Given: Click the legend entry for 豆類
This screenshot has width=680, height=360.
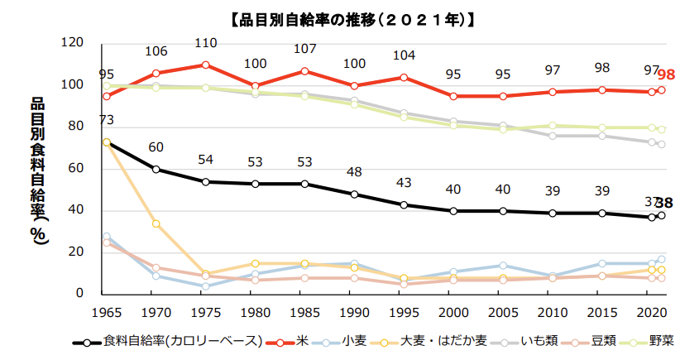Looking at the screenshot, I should tap(592, 341).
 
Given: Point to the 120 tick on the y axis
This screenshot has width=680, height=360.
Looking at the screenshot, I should tap(74, 43).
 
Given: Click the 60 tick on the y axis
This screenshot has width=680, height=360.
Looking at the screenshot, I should tap(77, 169).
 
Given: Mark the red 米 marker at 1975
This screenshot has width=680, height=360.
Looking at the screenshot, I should tap(205, 65).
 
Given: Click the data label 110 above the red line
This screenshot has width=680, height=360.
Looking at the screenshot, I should tap(205, 43).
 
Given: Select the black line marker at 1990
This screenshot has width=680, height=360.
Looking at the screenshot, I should tap(354, 194).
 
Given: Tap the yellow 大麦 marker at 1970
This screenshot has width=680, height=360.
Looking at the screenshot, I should tap(156, 223).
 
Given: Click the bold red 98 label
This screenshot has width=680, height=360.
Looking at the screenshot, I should tap(667, 75).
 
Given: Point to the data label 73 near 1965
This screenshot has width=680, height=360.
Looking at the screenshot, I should tap(106, 122).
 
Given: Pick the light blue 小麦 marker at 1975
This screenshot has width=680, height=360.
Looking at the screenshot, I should tap(205, 286).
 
